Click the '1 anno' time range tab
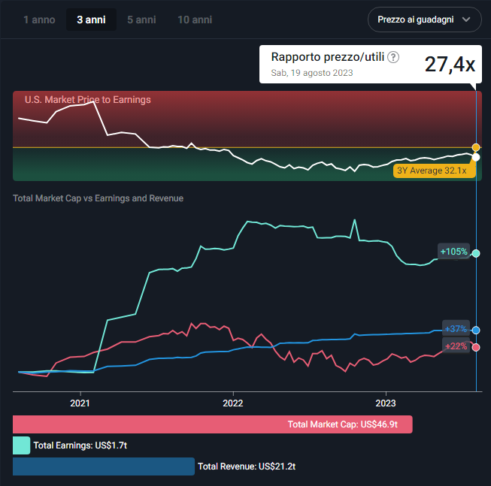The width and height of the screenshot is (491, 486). (39, 20)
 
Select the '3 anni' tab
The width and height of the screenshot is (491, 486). (91, 20)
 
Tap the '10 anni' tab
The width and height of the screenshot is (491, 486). (195, 20)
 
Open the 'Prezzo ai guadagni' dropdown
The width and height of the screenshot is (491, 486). (424, 20)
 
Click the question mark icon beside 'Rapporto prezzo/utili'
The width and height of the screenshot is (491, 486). (393, 57)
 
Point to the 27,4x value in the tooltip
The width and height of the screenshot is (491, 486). (450, 65)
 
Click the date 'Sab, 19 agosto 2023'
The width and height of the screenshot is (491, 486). (312, 73)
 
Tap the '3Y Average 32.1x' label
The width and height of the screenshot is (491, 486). (432, 171)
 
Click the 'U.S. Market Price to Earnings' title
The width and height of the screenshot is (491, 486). (88, 100)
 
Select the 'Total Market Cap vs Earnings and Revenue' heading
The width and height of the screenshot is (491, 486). (98, 198)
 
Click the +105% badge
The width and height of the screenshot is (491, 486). (454, 252)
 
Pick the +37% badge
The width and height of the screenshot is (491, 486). (456, 329)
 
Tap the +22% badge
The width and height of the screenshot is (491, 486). (456, 346)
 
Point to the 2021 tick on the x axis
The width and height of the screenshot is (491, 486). (80, 403)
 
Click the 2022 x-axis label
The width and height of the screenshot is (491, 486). (233, 403)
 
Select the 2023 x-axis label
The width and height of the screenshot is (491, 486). (386, 403)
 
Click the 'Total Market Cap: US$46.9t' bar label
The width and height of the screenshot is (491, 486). (348, 424)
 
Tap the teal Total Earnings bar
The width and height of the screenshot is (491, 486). (21, 445)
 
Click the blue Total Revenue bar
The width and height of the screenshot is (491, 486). (104, 466)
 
